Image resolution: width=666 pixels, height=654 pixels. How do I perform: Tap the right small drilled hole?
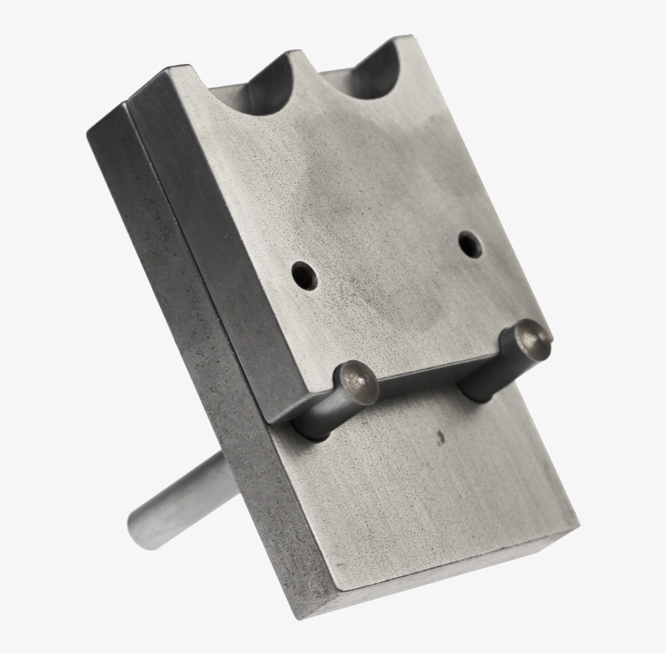[x=469, y=243]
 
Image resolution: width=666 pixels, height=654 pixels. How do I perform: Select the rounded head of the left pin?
[x=358, y=382]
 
